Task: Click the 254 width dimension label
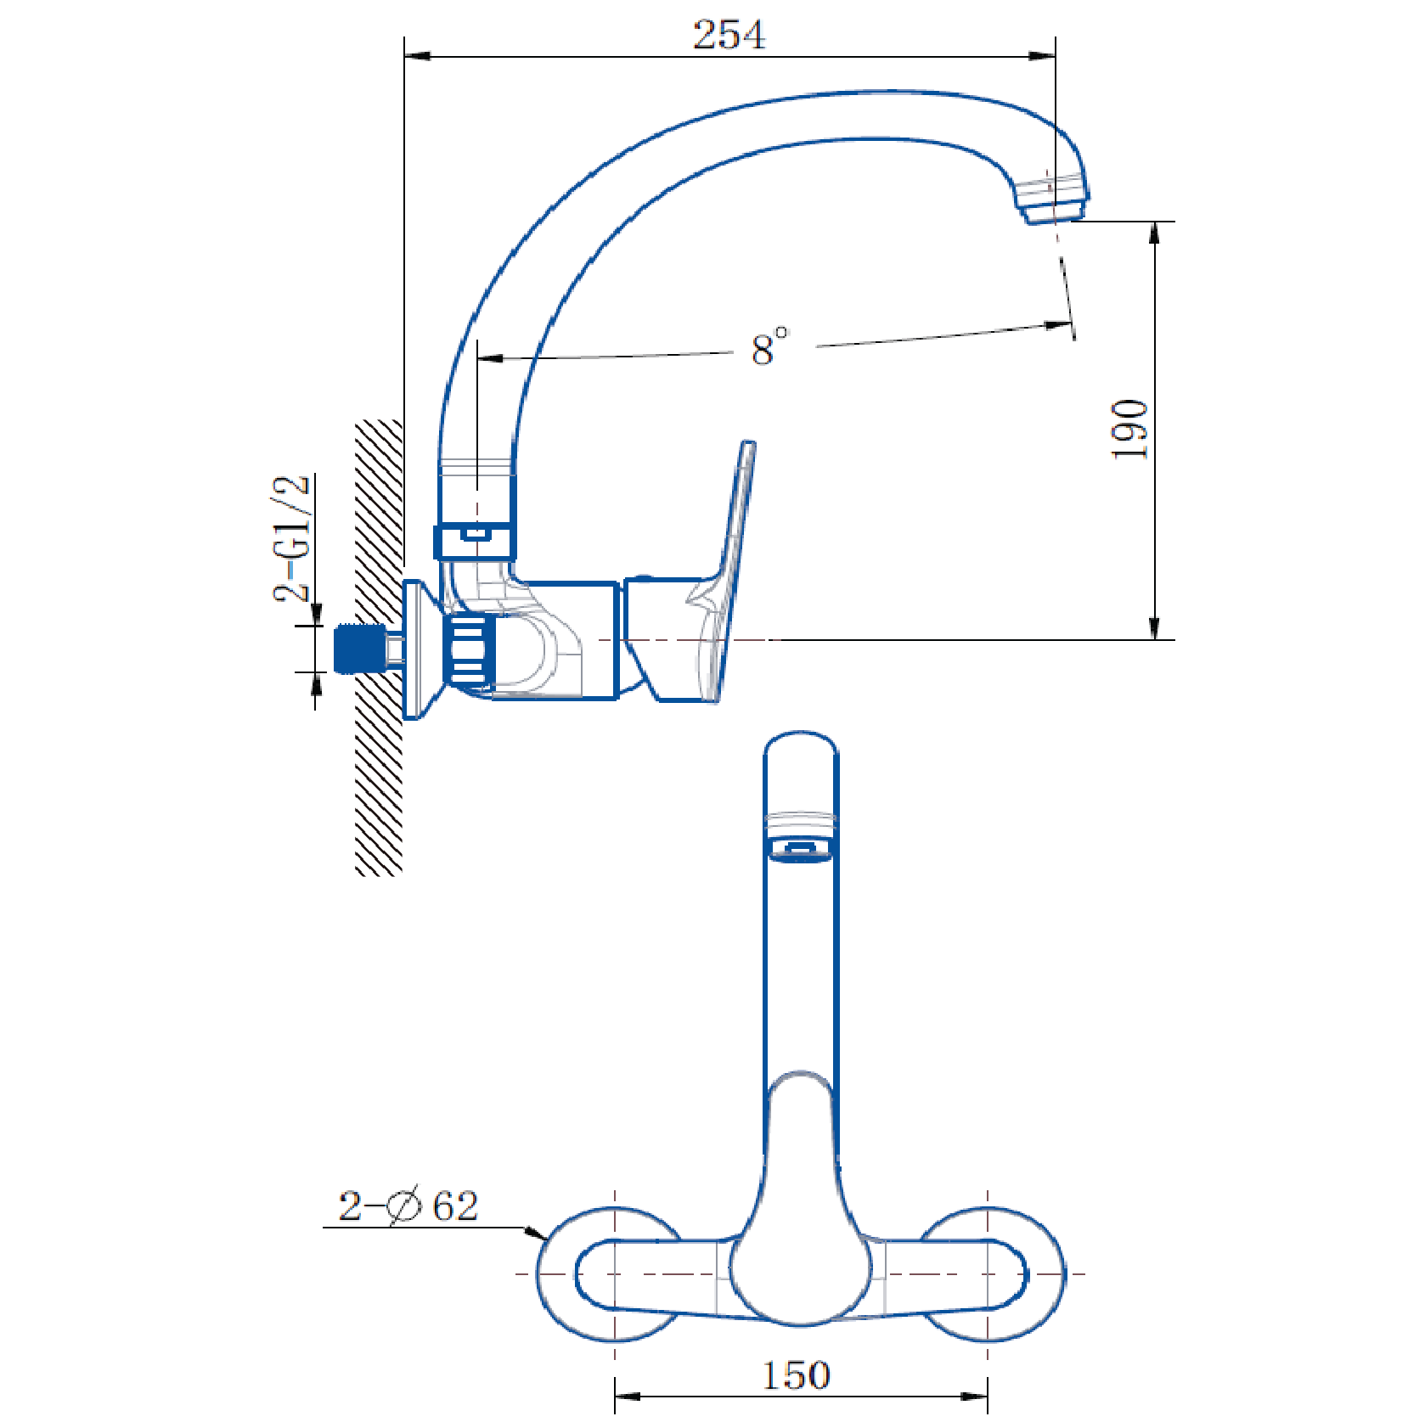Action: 729,35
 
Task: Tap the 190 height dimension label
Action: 1130,430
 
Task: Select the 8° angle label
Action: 769,346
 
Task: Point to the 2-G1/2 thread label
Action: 291,538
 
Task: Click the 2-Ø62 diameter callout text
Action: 408,1206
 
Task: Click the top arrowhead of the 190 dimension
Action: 1154,233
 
